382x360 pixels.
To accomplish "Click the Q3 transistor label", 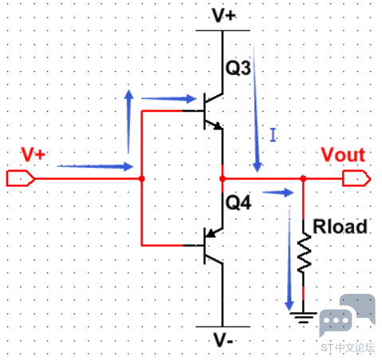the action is tap(238, 68).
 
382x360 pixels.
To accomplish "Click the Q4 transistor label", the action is tap(238, 203).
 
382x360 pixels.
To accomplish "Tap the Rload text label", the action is tap(340, 227).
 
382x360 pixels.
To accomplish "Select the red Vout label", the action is tap(343, 155).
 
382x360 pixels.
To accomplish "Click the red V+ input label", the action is tap(33, 154).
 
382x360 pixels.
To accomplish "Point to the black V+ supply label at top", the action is tap(224, 15).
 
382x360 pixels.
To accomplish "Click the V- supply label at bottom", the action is tap(223, 340).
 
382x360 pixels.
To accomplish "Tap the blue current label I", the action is tap(273, 135).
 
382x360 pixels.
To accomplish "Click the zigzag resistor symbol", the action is tap(304, 253).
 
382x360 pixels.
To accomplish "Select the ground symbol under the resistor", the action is tap(303, 318).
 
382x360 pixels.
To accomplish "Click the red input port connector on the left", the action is tap(21, 178).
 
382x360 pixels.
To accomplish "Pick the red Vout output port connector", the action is tap(356, 178).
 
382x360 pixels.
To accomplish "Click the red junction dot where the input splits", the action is tap(142, 178).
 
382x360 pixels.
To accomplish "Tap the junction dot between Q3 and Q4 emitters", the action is tap(223, 179).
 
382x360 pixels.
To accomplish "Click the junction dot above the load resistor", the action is tap(303, 178).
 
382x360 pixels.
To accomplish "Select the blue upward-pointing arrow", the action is tap(129, 121).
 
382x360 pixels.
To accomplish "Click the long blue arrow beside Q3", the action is tap(256, 109).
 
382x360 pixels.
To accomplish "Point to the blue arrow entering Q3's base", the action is tap(169, 99).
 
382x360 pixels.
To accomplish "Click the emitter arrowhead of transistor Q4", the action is tap(211, 233).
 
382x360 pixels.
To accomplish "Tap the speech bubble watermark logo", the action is tap(347, 315).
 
